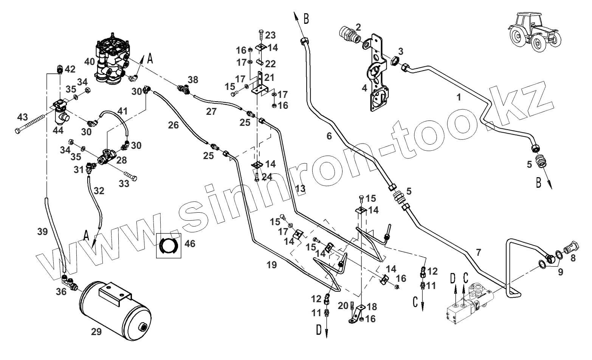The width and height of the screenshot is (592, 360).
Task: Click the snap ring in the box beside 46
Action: (x=167, y=246)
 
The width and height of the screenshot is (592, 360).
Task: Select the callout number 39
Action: (x=43, y=232)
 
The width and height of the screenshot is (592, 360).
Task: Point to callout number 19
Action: (x=271, y=265)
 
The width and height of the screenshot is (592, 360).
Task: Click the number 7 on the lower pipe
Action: (x=479, y=252)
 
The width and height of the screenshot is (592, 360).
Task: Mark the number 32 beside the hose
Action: (x=99, y=191)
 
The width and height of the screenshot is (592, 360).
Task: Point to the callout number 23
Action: (x=270, y=35)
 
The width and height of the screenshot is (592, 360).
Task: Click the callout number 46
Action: (x=190, y=244)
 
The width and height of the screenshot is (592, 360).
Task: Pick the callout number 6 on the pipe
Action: (x=329, y=136)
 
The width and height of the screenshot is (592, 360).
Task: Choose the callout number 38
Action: (x=193, y=80)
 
